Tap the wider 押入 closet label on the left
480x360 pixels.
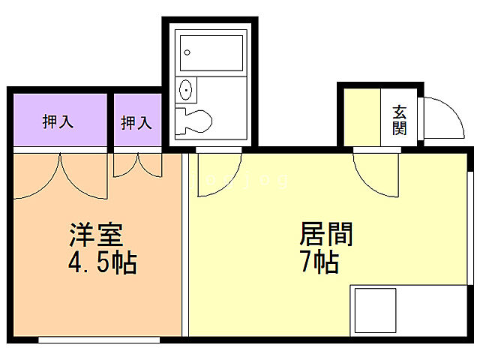58,121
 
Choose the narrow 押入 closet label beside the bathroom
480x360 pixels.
136,122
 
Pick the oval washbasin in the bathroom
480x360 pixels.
185,91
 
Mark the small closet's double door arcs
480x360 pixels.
137,165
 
